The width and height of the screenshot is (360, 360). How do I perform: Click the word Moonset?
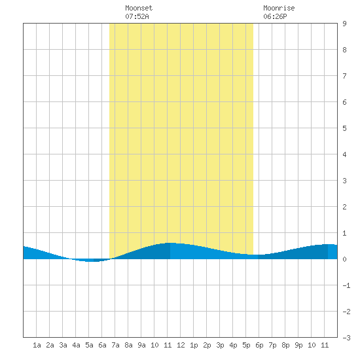139,8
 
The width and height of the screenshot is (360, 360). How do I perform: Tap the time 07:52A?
137,16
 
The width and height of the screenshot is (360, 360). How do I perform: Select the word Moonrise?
279,8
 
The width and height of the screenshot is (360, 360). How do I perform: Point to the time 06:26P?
275,16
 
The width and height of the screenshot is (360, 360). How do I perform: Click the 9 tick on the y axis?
344,24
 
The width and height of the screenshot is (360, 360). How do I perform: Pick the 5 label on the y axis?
344,128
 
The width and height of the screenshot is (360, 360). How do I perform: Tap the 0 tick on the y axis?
344,259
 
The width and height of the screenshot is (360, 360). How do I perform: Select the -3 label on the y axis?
346,338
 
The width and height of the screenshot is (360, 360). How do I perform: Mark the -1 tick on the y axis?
346,285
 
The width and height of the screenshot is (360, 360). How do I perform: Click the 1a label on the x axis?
37,345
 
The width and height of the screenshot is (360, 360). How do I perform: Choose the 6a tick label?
102,345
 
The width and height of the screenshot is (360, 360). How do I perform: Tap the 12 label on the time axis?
181,345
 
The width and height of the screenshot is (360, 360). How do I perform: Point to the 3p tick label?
220,345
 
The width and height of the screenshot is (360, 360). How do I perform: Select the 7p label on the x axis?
272,345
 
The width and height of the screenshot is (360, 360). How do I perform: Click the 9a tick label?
141,345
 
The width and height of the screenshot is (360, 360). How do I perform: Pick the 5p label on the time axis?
246,345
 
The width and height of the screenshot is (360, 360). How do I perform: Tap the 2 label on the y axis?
344,207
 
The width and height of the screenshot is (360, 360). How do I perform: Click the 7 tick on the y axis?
344,76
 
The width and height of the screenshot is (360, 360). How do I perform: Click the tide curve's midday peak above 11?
170,243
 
